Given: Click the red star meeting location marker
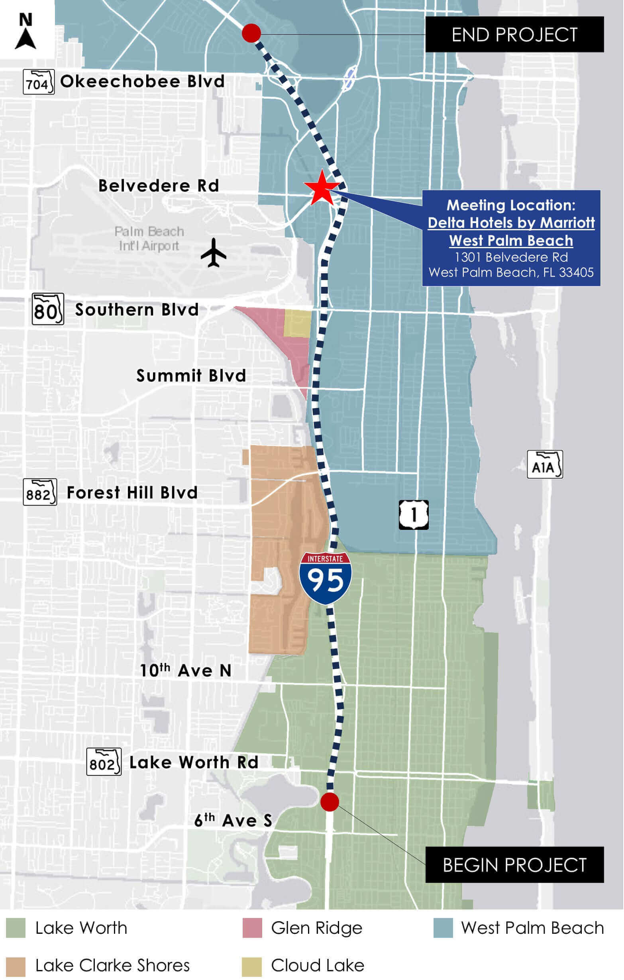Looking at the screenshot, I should click(321, 188).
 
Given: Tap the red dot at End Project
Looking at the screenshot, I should click(251, 33).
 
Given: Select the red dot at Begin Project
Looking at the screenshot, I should click(329, 802).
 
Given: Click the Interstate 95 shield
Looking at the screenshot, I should click(325, 578).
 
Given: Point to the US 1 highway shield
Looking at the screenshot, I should click(414, 515).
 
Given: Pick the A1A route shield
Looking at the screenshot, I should click(545, 465).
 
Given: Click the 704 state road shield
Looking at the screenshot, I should click(38, 82).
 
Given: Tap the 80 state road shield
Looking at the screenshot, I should click(48, 309).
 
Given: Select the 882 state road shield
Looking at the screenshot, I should click(39, 492).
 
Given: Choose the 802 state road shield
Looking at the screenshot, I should click(104, 762).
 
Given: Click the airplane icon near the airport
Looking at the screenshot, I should click(213, 253).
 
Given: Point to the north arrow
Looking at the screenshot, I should click(26, 32).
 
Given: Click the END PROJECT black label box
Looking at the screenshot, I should click(514, 35).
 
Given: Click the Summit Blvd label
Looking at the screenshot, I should click(191, 376).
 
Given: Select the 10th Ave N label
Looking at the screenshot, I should click(185, 671).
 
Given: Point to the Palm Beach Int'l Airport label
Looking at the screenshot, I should click(149, 239).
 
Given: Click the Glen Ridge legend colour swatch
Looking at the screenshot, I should click(252, 928).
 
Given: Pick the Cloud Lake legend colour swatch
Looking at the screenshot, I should click(252, 965).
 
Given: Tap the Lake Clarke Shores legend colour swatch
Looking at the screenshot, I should click(16, 965).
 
